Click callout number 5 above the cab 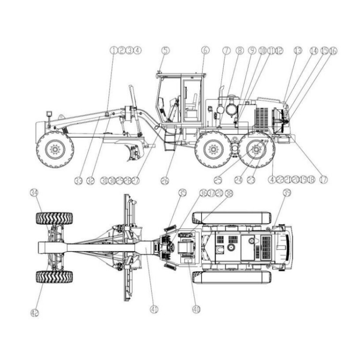coord(165,50)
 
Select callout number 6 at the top coord(205,50)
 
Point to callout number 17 coord(324,180)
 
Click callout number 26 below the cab coord(165,180)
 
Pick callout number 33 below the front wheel coord(79,180)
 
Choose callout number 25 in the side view coord(218,180)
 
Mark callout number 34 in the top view coord(34,193)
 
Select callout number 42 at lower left coord(34,313)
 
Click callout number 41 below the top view coord(154,310)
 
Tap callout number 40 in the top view coord(195,310)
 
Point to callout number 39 coord(287,193)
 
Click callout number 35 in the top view coord(182,193)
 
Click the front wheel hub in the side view coord(55,150)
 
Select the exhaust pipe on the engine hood coord(222,92)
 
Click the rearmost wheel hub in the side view coord(256,150)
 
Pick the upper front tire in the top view coord(54,218)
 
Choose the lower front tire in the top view coord(54,277)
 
